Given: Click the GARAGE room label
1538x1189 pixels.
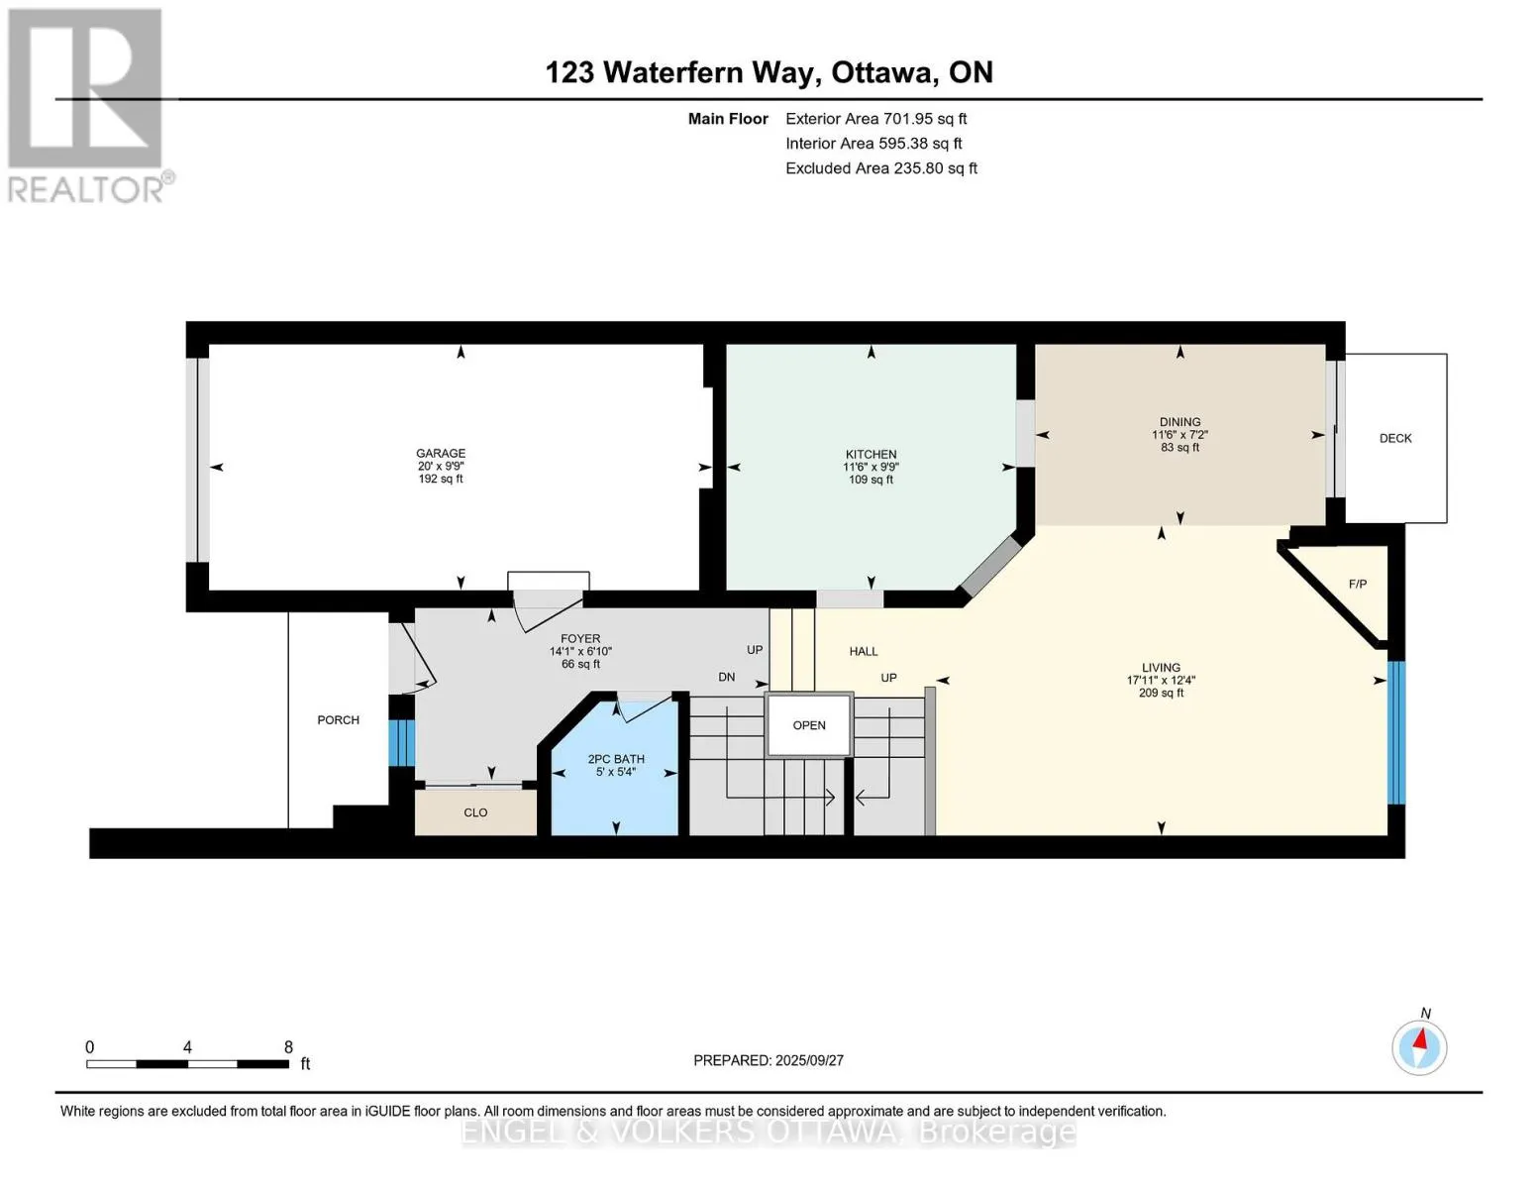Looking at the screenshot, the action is tap(441, 453).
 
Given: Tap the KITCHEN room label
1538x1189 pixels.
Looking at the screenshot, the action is tap(871, 454).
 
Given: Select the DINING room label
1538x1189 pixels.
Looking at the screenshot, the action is tap(1179, 422).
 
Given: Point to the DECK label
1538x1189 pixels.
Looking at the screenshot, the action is tap(1395, 438).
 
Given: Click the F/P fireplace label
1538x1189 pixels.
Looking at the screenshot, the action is tap(1358, 585).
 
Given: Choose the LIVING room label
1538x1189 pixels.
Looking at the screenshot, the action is tap(1161, 667).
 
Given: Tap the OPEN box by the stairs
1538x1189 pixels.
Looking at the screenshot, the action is tap(809, 725).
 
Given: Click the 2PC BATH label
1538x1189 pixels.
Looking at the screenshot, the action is tap(616, 759).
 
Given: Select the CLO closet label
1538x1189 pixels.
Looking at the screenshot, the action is tap(475, 812).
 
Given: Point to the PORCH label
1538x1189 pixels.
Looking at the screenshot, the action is tap(339, 720).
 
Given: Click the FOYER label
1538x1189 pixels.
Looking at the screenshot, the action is tap(580, 639).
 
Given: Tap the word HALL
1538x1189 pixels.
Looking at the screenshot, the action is tap(864, 652).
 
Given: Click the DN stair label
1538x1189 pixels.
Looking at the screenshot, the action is tap(727, 677).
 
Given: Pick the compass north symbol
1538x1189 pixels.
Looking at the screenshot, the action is tap(1419, 1047).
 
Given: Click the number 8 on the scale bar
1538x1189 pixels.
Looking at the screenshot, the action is tap(288, 1046).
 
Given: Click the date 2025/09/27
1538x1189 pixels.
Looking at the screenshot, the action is tap(810, 1060).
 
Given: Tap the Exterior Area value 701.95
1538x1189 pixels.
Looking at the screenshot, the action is tap(907, 119).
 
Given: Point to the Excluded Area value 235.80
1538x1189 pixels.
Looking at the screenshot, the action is tap(919, 168).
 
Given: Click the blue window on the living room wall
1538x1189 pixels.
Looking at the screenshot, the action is tap(1395, 732).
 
